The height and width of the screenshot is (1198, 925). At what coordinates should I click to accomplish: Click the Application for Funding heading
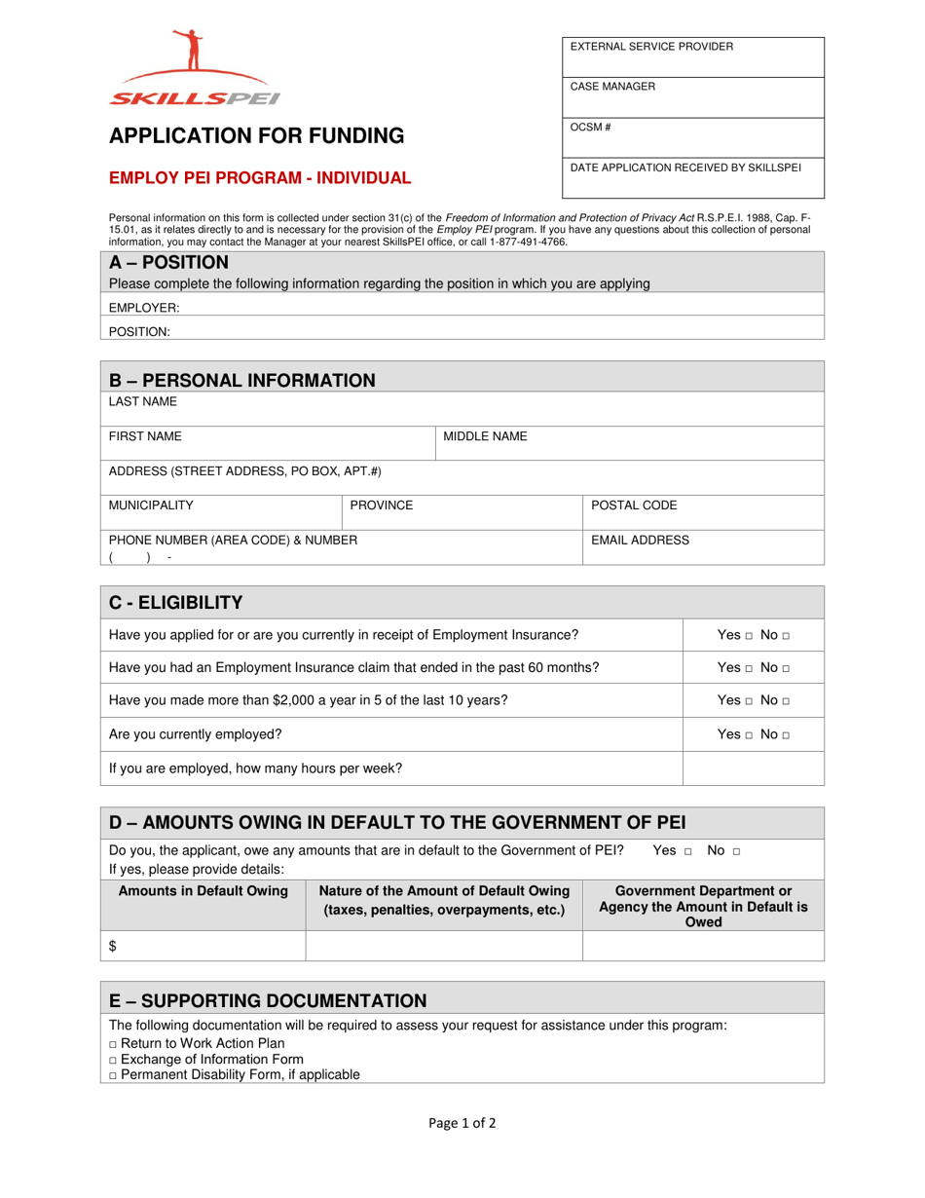(256, 136)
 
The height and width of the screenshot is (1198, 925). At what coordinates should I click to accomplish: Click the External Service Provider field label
(651, 47)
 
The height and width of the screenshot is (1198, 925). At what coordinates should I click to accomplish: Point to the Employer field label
(144, 308)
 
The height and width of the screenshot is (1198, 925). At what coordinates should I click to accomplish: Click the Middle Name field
(628, 443)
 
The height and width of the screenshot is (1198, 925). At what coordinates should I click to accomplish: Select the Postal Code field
(703, 513)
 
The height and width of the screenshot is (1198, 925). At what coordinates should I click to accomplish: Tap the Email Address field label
(640, 540)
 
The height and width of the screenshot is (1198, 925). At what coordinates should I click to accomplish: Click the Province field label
(382, 505)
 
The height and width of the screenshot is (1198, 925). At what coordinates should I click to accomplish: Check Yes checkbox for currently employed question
(750, 735)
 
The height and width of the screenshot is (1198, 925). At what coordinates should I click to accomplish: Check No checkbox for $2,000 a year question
(786, 701)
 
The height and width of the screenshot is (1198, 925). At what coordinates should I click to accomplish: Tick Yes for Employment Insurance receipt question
(750, 636)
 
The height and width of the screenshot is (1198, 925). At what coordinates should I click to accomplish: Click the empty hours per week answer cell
(753, 767)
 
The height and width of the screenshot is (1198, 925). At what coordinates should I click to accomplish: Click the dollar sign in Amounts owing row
(113, 946)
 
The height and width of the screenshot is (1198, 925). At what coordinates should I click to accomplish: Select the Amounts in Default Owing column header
(203, 890)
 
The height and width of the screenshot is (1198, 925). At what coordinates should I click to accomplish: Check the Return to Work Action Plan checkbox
(113, 1043)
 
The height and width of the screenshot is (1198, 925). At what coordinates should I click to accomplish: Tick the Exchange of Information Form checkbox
(113, 1060)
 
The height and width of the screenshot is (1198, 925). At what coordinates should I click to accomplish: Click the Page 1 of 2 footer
(462, 1123)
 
